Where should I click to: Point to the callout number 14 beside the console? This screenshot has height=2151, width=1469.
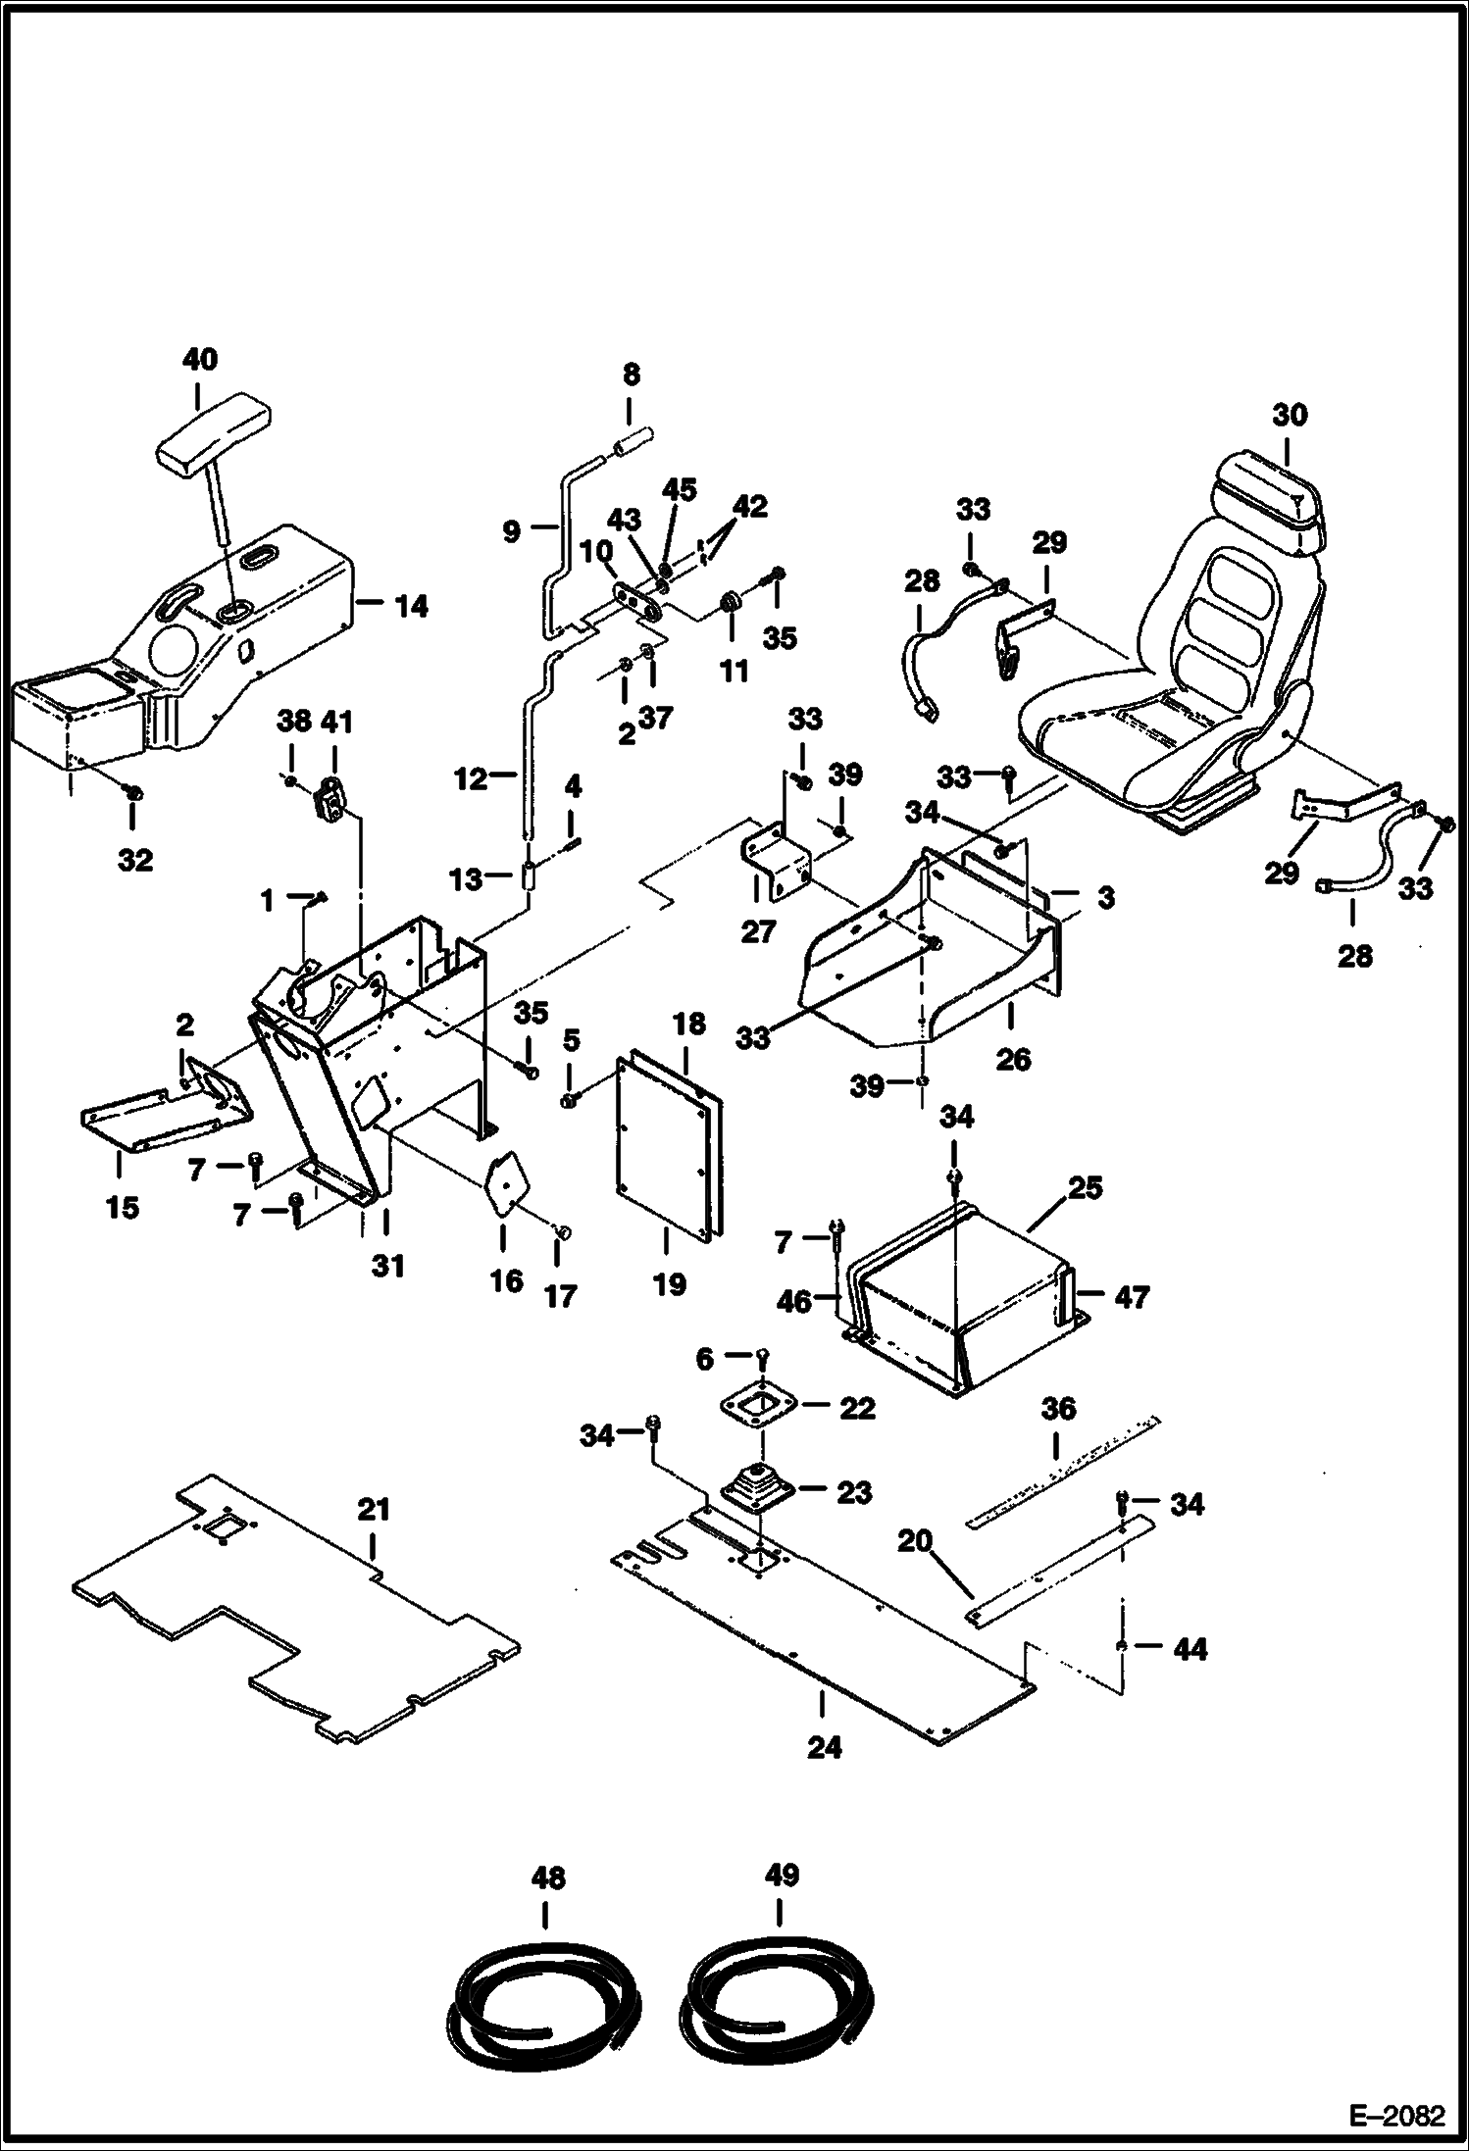(x=412, y=607)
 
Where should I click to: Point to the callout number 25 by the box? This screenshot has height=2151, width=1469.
(x=1085, y=1188)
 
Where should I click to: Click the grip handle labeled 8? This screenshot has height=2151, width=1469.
(x=633, y=449)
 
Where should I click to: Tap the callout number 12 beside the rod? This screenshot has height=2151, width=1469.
(x=470, y=779)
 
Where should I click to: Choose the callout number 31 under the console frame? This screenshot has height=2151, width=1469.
(x=388, y=1267)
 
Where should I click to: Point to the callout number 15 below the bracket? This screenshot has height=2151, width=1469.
(x=122, y=1208)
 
